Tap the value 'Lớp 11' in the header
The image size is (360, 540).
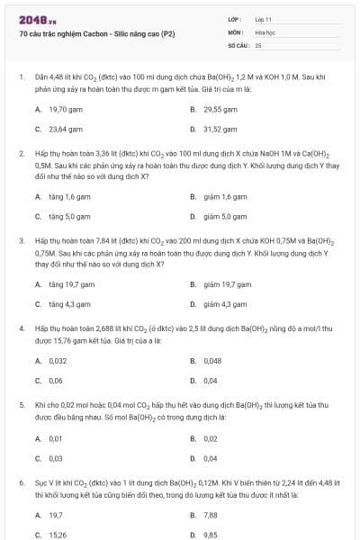pyautogui.click(x=264, y=19)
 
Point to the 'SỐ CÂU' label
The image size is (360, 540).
pyautogui.click(x=238, y=44)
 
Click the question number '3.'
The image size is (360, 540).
pyautogui.click(x=22, y=241)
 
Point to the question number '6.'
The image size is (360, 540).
pyautogui.click(x=22, y=483)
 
